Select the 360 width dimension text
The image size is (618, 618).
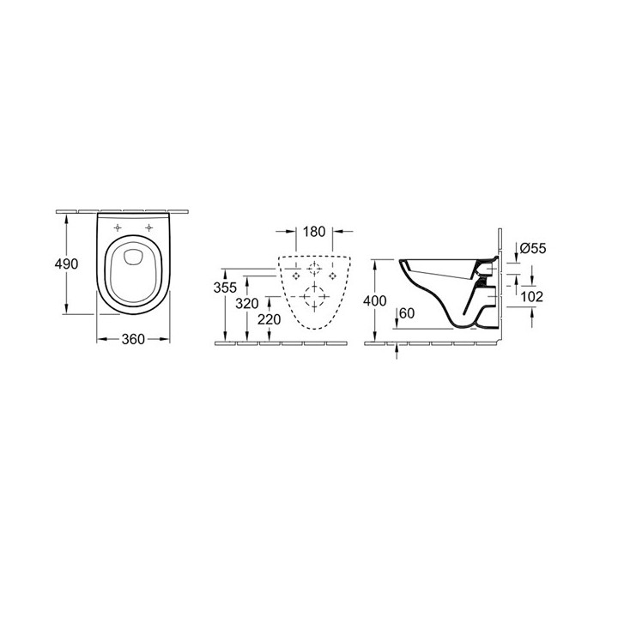(x=131, y=338)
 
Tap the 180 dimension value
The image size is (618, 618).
(x=314, y=231)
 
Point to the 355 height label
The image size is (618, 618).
(x=224, y=288)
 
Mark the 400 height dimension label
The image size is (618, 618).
(x=376, y=301)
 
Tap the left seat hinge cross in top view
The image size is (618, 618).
(x=115, y=227)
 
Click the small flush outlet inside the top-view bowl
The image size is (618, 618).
(x=132, y=254)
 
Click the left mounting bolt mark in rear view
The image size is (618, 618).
(x=296, y=278)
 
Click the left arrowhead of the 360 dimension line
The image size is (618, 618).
(x=98, y=338)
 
